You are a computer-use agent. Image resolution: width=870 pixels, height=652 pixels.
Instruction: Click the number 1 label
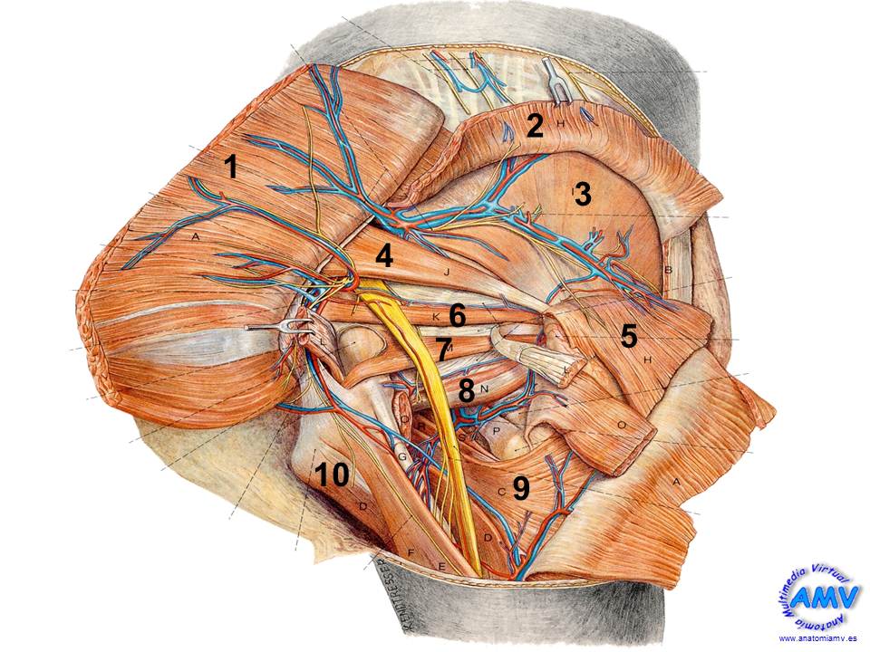point(231,167)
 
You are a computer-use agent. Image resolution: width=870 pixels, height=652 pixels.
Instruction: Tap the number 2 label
point(535,126)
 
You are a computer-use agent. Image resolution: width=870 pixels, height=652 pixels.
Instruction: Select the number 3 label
point(582,193)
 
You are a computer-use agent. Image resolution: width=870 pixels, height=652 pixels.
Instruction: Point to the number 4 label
point(384,256)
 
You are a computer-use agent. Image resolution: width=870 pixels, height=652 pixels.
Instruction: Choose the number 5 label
point(628,336)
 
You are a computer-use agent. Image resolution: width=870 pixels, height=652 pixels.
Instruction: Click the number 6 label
point(458,316)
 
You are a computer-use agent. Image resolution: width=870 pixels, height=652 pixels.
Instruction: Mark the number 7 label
point(442,349)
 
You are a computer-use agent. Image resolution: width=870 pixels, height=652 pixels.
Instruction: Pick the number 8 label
point(466,391)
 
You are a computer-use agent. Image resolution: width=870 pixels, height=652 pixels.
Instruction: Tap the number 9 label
point(520,489)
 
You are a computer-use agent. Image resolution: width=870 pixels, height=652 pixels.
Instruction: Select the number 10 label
point(333,474)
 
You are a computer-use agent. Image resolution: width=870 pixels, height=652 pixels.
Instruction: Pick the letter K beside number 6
point(435,317)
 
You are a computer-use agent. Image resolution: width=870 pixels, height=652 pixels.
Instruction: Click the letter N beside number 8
point(486,389)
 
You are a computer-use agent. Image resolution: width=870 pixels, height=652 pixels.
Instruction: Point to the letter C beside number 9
point(501,490)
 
